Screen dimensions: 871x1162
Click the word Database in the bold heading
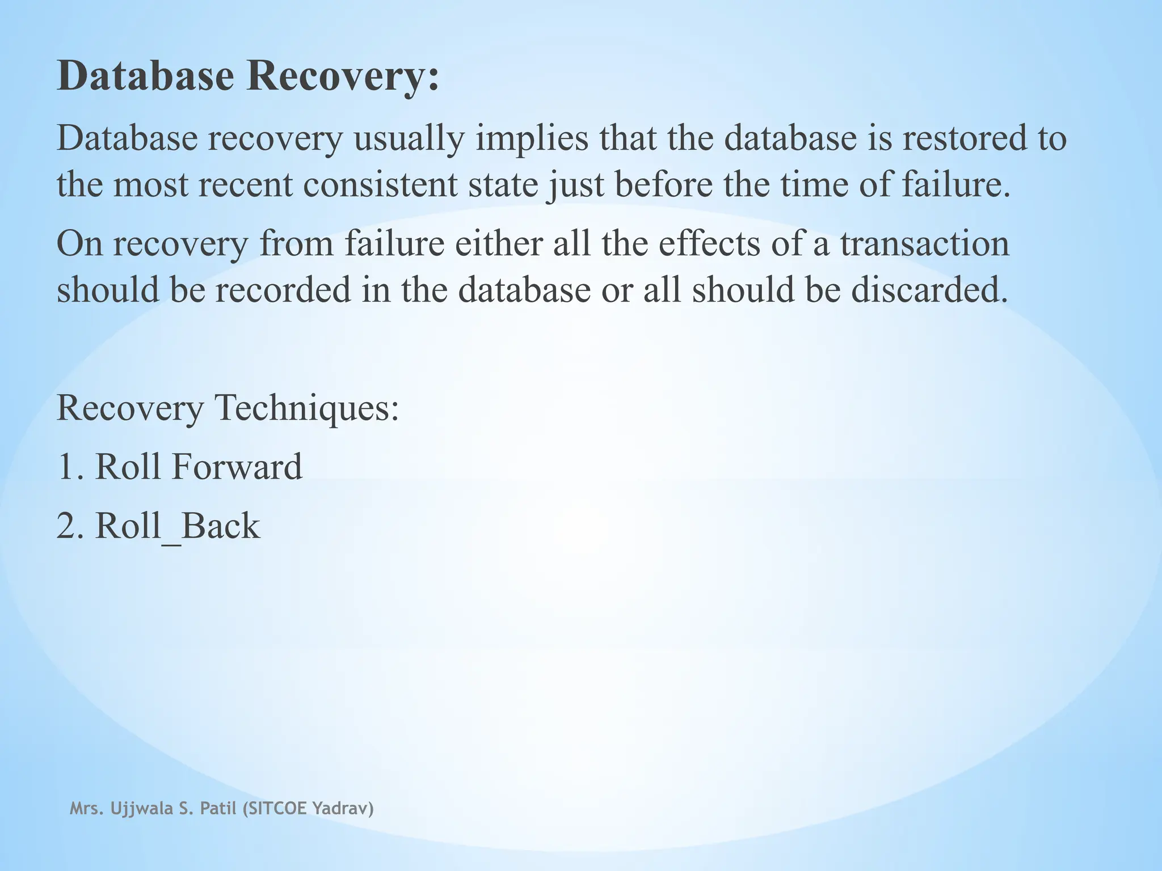tap(145, 76)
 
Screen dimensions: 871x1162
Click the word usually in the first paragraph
tap(409, 139)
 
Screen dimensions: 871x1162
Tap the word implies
tap(532, 139)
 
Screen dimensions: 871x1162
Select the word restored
tap(964, 139)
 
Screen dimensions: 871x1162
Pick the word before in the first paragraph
tap(663, 185)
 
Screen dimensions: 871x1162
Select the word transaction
tap(924, 244)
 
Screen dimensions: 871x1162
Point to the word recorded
tap(283, 290)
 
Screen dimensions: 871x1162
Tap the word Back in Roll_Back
tap(220, 526)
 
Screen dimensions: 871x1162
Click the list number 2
tap(67, 526)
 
